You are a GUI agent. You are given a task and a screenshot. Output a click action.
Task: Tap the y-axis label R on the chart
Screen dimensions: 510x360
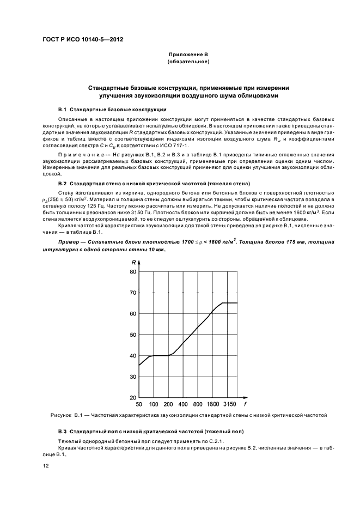[133, 263]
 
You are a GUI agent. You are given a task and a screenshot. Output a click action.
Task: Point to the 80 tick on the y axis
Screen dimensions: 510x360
[132, 271]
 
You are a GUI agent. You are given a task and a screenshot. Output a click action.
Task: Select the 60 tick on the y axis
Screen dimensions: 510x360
[132, 313]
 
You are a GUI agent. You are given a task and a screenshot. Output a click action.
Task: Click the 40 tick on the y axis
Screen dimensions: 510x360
[132, 356]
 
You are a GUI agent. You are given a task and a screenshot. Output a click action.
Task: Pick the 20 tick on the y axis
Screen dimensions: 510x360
[132, 398]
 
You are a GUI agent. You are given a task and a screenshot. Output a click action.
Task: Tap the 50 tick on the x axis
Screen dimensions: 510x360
[139, 404]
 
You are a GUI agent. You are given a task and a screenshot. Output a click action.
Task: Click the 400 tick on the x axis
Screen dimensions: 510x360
[183, 404]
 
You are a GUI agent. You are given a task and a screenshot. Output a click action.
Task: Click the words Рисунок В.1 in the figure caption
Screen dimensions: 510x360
[64, 416]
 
